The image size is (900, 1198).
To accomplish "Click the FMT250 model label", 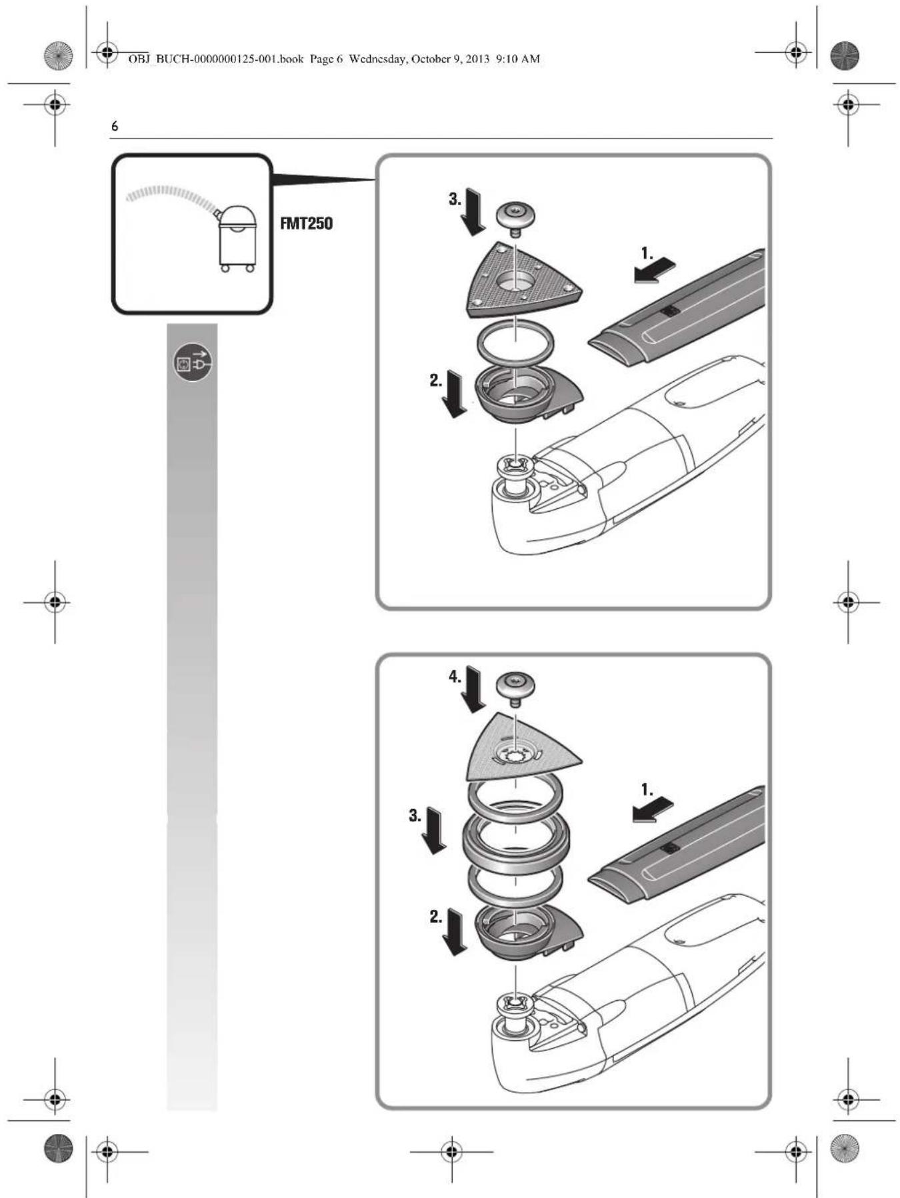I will (306, 223).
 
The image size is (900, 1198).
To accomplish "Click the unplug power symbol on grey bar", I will (193, 362).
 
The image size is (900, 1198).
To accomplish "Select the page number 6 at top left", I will (115, 126).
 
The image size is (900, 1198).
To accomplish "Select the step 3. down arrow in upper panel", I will (474, 212).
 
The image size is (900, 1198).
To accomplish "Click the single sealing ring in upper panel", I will (515, 342).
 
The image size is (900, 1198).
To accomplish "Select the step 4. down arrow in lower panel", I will (474, 689).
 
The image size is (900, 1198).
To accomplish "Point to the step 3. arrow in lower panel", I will (435, 831).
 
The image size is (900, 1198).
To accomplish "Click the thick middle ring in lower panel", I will (516, 841).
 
